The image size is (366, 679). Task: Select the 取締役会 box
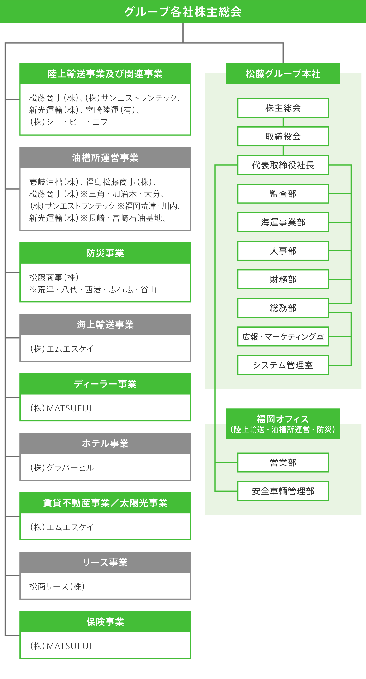pyautogui.click(x=283, y=137)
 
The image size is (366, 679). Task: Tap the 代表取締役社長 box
pyautogui.click(x=283, y=165)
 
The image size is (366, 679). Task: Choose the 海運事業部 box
pyautogui.click(x=283, y=222)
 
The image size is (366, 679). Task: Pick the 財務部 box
pyautogui.click(x=283, y=279)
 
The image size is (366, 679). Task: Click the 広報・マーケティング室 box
pyautogui.click(x=283, y=337)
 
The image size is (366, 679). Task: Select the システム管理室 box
pyautogui.click(x=283, y=365)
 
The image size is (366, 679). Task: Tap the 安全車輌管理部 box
pyautogui.click(x=283, y=491)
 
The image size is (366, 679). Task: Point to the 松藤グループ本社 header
pyautogui.click(x=283, y=73)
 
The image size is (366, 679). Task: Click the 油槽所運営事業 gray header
pyautogui.click(x=105, y=158)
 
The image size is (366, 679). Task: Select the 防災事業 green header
pyautogui.click(x=105, y=253)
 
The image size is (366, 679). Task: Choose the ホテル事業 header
pyautogui.click(x=105, y=443)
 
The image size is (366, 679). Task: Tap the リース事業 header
pyautogui.click(x=105, y=562)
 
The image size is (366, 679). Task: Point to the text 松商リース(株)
pyautogui.click(x=57, y=586)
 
